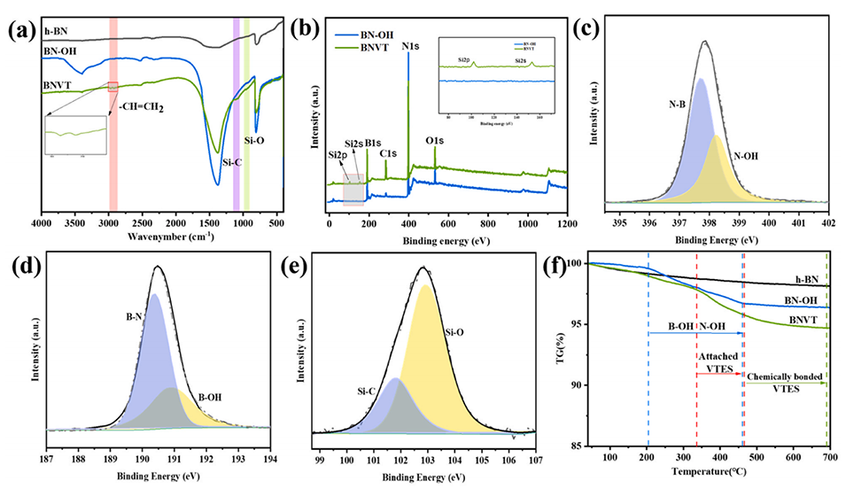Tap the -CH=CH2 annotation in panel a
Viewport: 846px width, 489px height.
tap(147, 110)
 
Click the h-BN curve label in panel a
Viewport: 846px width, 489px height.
tap(57, 32)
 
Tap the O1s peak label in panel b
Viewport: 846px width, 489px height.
tap(436, 140)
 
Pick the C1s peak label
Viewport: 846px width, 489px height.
tap(387, 153)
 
